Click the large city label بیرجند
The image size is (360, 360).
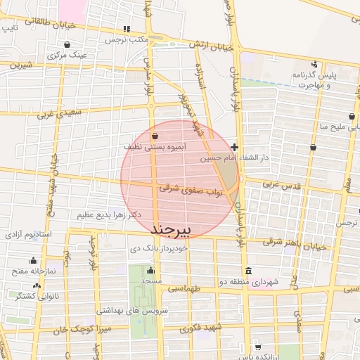(x=172, y=230)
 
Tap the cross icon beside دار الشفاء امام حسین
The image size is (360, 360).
(x=235, y=148)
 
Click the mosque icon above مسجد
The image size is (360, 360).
(x=149, y=271)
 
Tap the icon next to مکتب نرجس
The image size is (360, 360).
(x=127, y=30)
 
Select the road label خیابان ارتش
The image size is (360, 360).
(x=213, y=45)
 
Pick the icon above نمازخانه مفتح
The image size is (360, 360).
(x=34, y=262)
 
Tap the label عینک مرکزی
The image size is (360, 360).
(x=67, y=54)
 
